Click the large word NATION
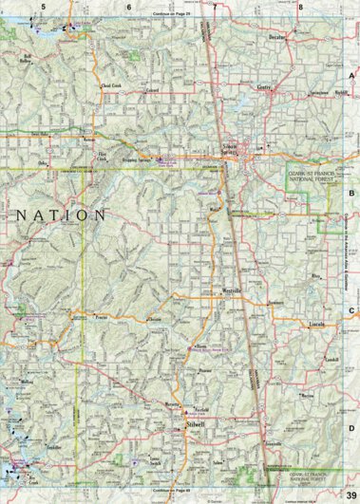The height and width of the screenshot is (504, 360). click(60, 216)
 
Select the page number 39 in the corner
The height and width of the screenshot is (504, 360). click(351, 494)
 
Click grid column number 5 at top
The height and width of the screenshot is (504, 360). click(44, 7)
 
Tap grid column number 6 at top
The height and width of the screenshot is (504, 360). click(129, 7)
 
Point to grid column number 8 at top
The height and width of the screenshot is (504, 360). click(300, 7)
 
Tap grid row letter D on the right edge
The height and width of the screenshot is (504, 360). click(351, 425)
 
